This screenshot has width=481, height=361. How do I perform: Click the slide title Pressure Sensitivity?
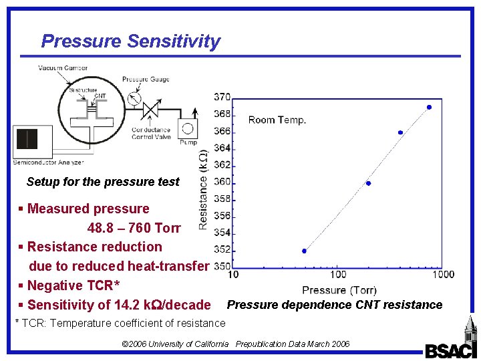130,41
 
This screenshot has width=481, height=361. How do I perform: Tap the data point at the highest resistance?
429,107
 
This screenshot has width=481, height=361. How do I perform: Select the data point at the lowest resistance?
304,251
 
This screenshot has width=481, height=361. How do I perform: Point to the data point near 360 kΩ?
368,183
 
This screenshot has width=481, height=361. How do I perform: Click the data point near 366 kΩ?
400,132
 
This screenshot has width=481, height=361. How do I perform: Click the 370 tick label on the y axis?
222,98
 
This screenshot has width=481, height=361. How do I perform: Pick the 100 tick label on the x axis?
338,274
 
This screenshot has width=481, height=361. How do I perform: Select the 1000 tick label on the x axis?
442,274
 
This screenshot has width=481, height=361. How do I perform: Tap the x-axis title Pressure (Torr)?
339,290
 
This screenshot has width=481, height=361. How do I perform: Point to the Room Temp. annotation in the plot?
277,120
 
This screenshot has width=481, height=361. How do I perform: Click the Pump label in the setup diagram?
188,142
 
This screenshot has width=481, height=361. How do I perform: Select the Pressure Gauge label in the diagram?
146,80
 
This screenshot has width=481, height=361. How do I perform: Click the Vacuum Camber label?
63,68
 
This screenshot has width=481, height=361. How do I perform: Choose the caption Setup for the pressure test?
103,182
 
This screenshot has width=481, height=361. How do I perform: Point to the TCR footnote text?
120,324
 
